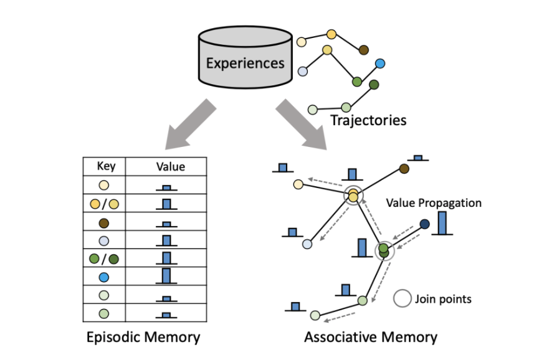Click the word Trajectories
pyautogui.click(x=368, y=120)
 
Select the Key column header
pyautogui.click(x=104, y=167)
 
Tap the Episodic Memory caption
pyautogui.click(x=143, y=338)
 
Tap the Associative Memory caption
pyautogui.click(x=371, y=338)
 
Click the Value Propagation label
pyautogui.click(x=434, y=203)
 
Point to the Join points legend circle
pyautogui.click(x=403, y=299)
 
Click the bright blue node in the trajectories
pyautogui.click(x=379, y=64)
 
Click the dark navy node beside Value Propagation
pyautogui.click(x=425, y=224)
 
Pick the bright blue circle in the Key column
pyautogui.click(x=104, y=276)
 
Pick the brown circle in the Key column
pyautogui.click(x=104, y=222)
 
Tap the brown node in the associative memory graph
pyautogui.click(x=404, y=168)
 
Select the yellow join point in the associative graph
pyautogui.click(x=353, y=196)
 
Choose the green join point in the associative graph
pyautogui.click(x=384, y=250)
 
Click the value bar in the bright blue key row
pyautogui.click(x=166, y=275)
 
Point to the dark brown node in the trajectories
pyautogui.click(x=364, y=50)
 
